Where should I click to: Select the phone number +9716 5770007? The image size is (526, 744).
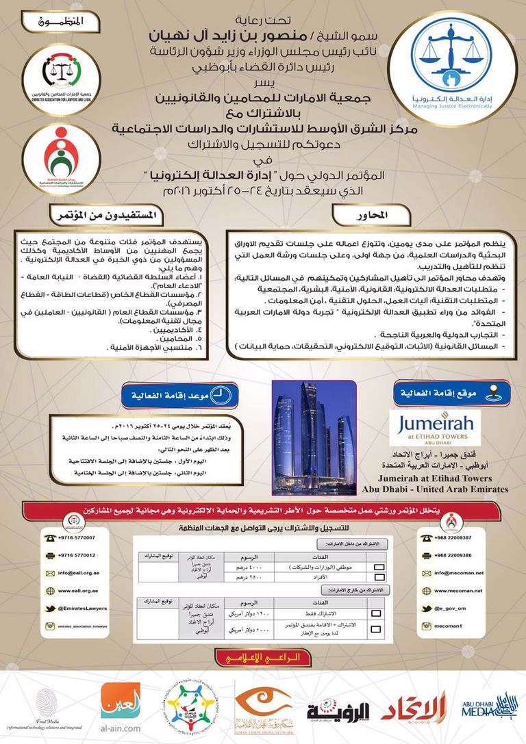(x=76, y=538)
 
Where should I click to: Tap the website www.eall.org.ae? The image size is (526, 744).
(x=77, y=590)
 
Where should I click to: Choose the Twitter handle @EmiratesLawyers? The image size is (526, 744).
(x=85, y=608)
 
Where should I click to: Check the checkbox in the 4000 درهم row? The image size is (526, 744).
(x=378, y=567)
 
